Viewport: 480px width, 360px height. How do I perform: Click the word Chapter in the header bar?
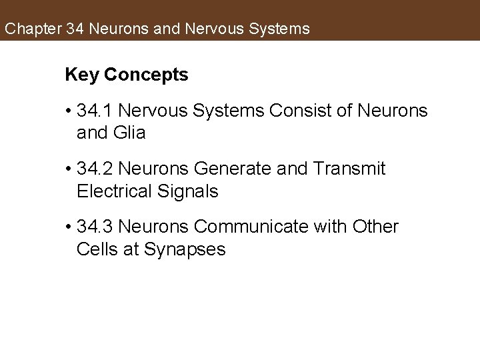click(x=32, y=29)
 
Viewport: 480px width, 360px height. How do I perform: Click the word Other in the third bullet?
click(x=375, y=227)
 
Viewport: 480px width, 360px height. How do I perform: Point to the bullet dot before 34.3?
click(x=69, y=228)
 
